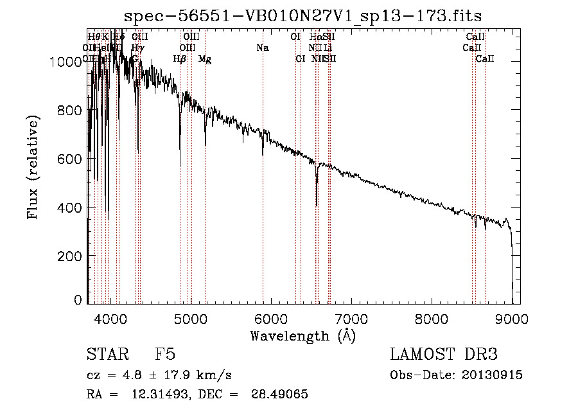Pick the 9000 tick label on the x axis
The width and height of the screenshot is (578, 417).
tap(512, 317)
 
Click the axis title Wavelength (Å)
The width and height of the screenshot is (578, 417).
tap(302, 335)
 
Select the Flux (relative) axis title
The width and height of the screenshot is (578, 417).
tap(32, 166)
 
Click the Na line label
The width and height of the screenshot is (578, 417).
tap(262, 48)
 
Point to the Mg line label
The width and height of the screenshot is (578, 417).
tap(204, 59)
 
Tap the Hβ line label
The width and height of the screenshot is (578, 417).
tap(180, 59)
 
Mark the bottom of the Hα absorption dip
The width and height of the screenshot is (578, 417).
tap(317, 206)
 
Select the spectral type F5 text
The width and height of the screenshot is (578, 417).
tap(165, 355)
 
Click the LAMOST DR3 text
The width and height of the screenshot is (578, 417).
tap(443, 355)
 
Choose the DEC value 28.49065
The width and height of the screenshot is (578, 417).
tap(273, 394)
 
